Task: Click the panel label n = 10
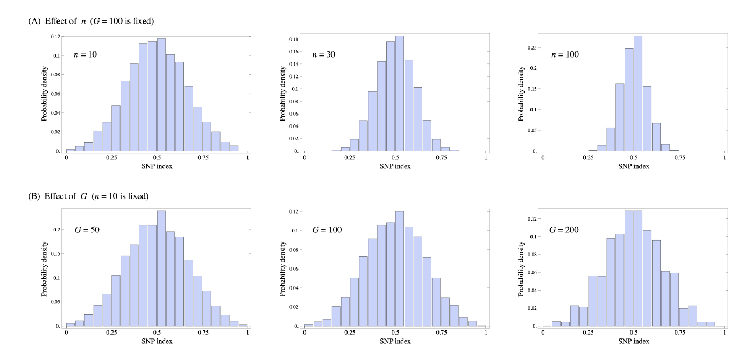click(x=85, y=55)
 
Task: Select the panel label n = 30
click(x=324, y=55)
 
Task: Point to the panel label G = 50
click(x=87, y=230)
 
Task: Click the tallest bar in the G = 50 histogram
click(x=161, y=269)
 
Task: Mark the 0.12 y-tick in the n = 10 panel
click(x=55, y=37)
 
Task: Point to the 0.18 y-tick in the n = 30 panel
click(x=294, y=39)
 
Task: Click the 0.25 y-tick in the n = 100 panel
click(x=532, y=47)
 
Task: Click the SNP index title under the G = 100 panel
click(x=395, y=341)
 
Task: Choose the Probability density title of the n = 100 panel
click(x=521, y=94)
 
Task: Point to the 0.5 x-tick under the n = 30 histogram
click(x=395, y=158)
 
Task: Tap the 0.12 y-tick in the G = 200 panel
click(x=532, y=218)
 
